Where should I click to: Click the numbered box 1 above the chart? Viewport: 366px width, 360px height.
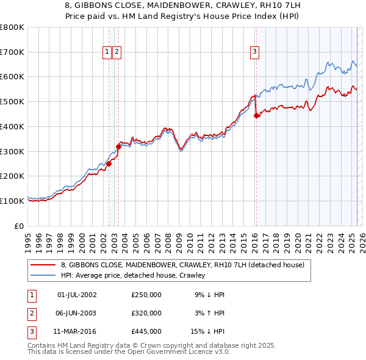[107, 52]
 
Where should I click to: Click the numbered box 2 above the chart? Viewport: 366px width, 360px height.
[116, 52]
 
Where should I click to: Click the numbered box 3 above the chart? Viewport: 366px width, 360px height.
[254, 52]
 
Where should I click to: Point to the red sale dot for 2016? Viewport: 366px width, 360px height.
[256, 116]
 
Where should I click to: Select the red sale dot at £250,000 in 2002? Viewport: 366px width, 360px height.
[109, 164]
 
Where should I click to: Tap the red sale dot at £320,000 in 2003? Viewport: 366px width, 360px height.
[118, 146]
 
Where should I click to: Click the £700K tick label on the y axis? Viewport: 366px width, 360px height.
[12, 52]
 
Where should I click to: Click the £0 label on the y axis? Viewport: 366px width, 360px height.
[20, 226]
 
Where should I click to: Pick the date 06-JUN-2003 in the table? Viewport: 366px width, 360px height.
[77, 313]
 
